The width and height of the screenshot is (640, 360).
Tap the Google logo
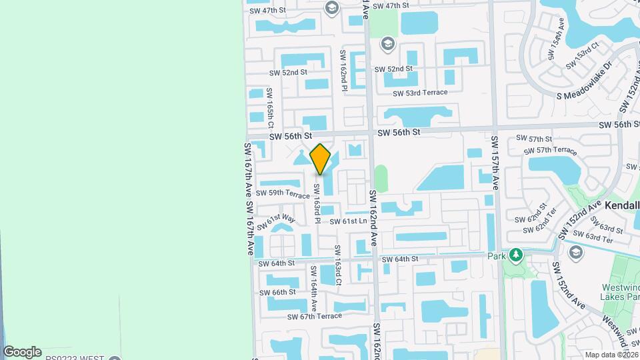point(23,352)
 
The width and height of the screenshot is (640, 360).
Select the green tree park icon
point(515,255)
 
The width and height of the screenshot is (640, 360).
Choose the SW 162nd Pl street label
point(344,70)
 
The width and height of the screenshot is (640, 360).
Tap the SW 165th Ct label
point(270,108)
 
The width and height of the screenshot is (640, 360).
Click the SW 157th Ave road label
point(495,163)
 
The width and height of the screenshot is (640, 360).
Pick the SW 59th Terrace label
point(283,193)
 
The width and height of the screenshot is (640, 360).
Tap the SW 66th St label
point(277,292)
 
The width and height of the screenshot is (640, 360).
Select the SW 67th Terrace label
point(314,317)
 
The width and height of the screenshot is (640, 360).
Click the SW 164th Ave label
point(313,288)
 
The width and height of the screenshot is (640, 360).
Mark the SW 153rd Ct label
point(584,57)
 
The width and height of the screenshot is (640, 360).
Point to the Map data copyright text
point(611,354)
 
